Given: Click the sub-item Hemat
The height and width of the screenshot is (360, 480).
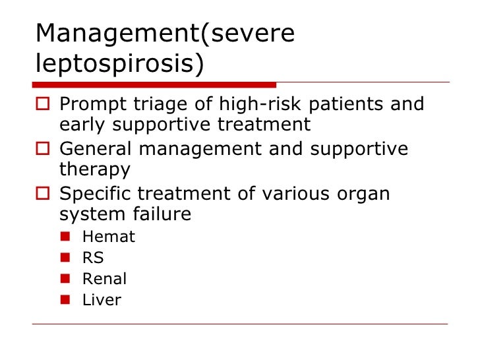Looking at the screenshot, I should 108,237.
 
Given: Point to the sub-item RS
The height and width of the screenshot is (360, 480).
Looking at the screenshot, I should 93,258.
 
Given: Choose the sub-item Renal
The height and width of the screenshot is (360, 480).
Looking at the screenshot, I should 104,279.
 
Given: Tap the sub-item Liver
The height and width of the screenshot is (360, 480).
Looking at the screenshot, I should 102,300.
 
